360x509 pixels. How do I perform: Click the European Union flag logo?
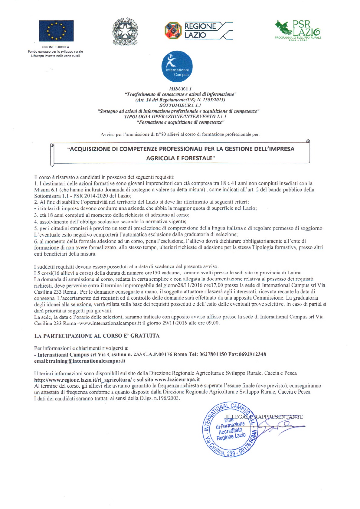point(56,31)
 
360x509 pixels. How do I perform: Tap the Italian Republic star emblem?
point(125,31)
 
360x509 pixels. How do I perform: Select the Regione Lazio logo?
point(198,31)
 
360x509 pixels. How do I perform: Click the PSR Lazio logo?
point(298,30)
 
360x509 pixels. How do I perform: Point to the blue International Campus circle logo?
point(177,67)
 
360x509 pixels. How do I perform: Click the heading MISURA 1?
point(180,89)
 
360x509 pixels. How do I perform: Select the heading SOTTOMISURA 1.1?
point(180,105)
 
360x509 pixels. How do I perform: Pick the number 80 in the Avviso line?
point(164,134)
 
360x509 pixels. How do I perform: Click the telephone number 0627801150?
point(213,354)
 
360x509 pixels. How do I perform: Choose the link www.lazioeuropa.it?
point(177,380)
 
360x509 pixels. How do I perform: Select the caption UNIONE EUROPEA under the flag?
point(55,47)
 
